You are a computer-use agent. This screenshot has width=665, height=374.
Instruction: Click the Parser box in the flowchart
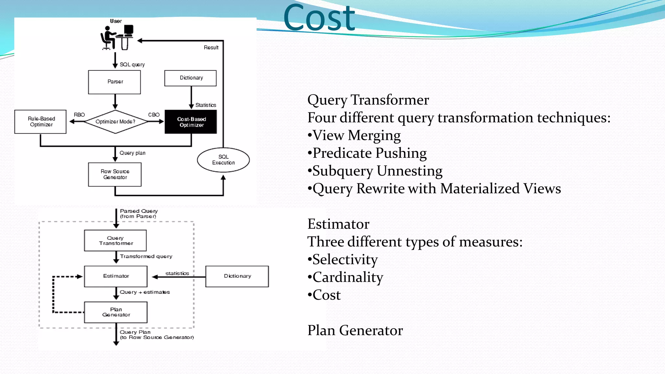tap(115, 82)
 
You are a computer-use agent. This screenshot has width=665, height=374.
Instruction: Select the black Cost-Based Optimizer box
tap(191, 122)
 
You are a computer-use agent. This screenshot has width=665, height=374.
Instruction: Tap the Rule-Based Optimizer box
tap(41, 122)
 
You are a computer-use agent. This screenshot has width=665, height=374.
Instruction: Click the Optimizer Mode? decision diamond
tap(115, 122)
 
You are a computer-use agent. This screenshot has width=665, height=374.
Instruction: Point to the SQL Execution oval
tap(223, 160)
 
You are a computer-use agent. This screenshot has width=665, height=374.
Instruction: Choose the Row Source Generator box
tap(115, 174)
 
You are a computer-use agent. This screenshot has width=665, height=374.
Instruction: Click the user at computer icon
tap(117, 38)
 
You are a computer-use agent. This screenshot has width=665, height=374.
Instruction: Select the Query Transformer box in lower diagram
tap(116, 241)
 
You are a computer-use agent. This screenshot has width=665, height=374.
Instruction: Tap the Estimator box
tap(116, 276)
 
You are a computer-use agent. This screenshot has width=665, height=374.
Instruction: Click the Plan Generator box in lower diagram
tap(116, 312)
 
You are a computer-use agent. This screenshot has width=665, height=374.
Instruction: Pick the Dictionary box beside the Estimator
tap(237, 276)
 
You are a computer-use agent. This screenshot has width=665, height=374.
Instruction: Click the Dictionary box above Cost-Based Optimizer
tap(191, 78)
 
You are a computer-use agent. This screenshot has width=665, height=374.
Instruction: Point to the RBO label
tap(79, 115)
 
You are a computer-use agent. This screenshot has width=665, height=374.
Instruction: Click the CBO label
tap(154, 115)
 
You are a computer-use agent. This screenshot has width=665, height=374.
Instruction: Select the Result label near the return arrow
tap(211, 48)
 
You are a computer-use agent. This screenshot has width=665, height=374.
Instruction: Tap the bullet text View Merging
tap(356, 135)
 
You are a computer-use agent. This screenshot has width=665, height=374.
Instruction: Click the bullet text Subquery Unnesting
tap(377, 171)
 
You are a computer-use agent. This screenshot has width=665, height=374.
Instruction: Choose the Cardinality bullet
tap(347, 278)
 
